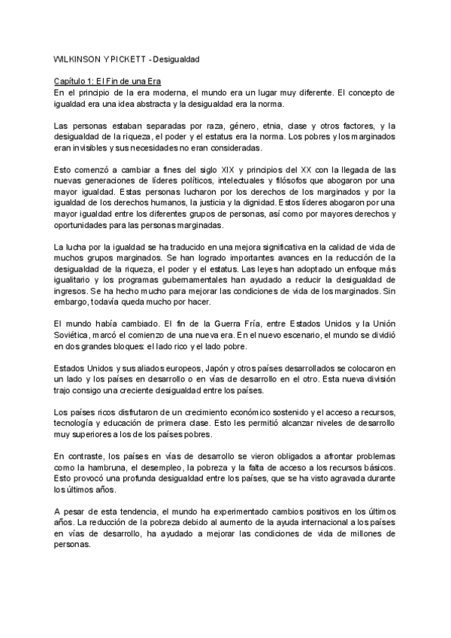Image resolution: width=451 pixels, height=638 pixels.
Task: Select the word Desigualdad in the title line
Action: point(178,59)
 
